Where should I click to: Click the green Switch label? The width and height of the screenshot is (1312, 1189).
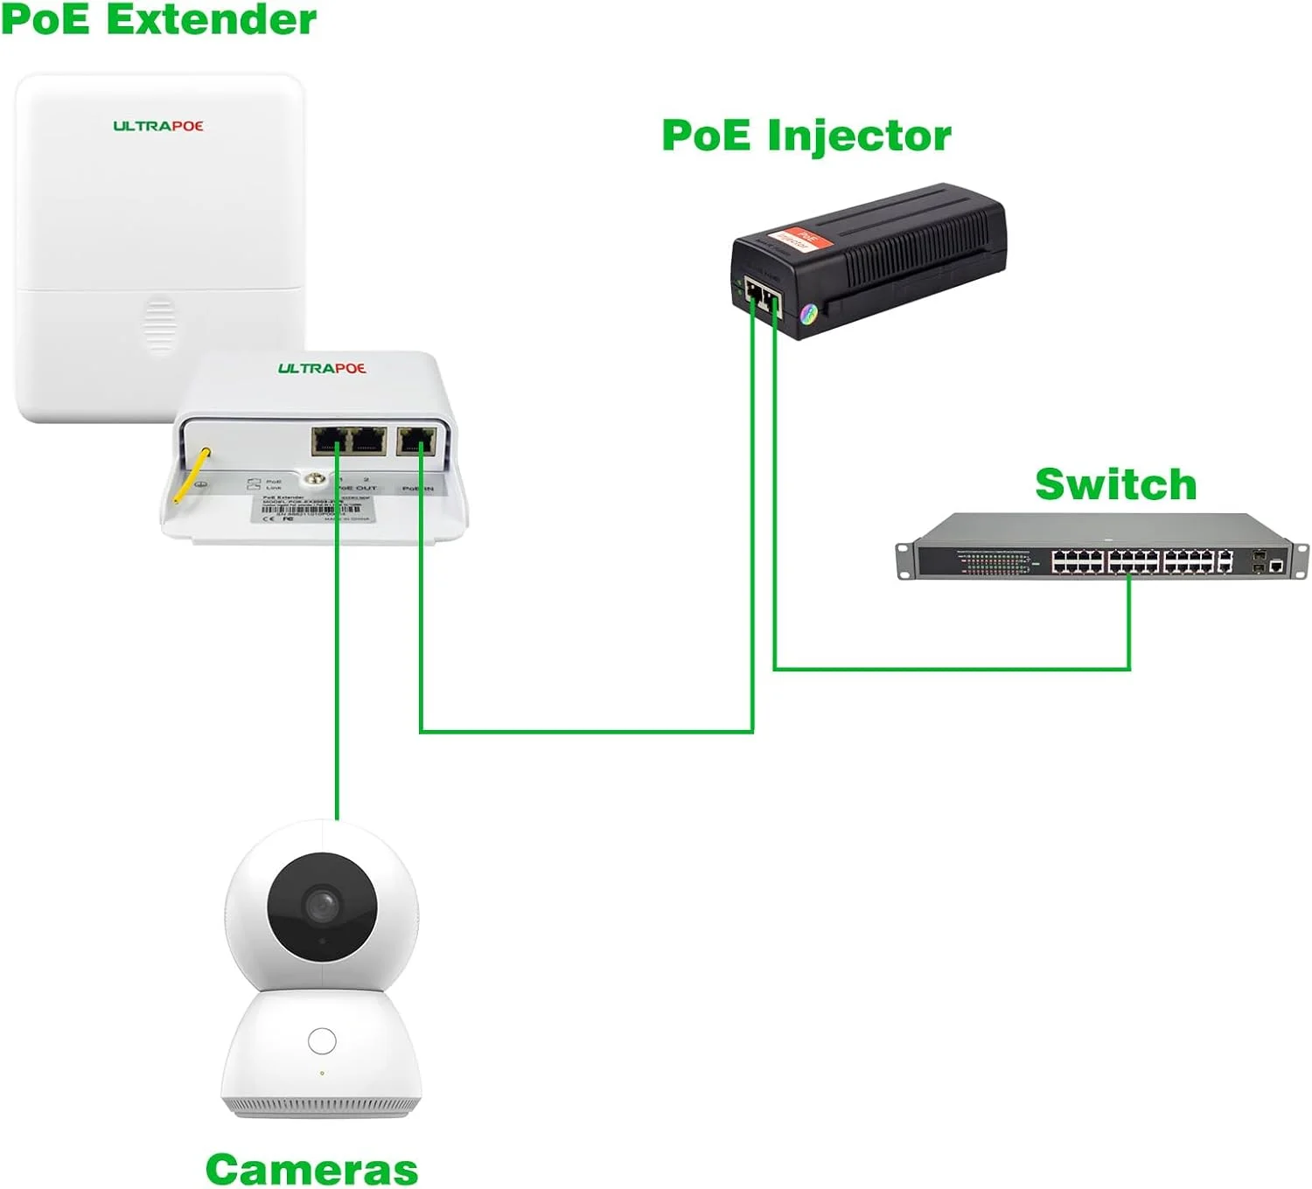1115,485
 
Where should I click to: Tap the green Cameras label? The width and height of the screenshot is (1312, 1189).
311,1169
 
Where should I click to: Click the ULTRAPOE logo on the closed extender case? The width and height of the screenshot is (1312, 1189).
158,126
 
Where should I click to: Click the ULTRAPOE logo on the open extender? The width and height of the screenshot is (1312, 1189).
322,368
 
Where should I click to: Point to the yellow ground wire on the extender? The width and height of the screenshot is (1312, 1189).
191,475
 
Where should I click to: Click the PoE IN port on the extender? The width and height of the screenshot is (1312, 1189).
416,441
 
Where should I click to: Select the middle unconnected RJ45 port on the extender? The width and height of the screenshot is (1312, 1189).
368,441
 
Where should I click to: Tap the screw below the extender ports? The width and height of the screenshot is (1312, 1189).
314,479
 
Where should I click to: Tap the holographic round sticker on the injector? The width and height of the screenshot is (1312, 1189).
809,312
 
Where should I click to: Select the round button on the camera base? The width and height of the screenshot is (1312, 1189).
322,1041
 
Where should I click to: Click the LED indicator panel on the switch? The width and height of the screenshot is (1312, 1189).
993,562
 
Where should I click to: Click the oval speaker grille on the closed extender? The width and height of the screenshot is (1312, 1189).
159,324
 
